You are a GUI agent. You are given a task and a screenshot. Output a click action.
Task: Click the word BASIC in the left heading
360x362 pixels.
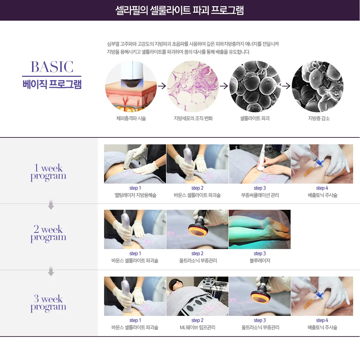[x=52, y=67]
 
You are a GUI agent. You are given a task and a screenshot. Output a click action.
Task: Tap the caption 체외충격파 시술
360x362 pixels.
[x=131, y=118]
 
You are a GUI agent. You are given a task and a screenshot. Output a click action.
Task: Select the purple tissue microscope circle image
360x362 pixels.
[x=193, y=86]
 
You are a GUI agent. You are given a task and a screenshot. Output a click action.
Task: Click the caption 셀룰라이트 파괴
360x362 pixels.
[x=255, y=118]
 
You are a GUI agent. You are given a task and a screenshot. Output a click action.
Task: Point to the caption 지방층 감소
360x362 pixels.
[x=319, y=118]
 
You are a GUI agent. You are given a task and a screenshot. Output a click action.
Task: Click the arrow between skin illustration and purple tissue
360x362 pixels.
[x=162, y=86]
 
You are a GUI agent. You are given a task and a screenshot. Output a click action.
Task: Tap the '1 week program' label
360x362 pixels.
[x=48, y=172]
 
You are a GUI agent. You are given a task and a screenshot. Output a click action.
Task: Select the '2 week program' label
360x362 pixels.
[x=48, y=233]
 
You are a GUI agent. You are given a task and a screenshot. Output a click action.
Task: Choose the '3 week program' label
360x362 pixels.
[x=48, y=303]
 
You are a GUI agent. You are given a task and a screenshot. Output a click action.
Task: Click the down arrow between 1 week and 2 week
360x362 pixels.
[x=51, y=205]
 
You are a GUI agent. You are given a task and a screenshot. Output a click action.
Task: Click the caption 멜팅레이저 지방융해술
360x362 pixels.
[x=135, y=195]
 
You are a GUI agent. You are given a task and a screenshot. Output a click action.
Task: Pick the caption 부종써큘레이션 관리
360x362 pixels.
[x=260, y=195]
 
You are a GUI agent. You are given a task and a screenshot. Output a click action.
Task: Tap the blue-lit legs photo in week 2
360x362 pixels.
[x=259, y=229]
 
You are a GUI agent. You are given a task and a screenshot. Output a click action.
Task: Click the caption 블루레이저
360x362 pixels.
[x=260, y=261]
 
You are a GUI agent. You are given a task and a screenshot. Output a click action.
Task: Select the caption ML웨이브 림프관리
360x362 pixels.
[x=197, y=327]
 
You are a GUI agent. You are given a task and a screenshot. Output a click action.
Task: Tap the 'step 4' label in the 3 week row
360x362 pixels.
[x=322, y=320]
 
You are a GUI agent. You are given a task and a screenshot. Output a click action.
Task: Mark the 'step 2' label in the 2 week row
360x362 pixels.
[x=197, y=254]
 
